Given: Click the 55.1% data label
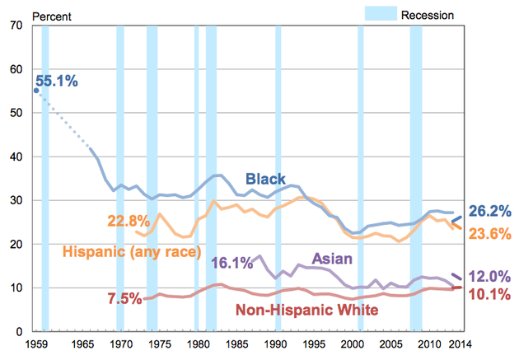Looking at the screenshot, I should click(x=58, y=81).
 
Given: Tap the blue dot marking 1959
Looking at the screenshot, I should click(x=36, y=91).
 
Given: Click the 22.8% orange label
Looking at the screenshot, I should click(x=129, y=221).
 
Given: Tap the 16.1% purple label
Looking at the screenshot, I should click(x=232, y=264).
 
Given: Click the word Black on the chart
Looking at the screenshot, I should click(x=265, y=179).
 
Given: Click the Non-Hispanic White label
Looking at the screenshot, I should click(x=306, y=311).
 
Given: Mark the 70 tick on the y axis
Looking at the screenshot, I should click(x=16, y=26).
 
